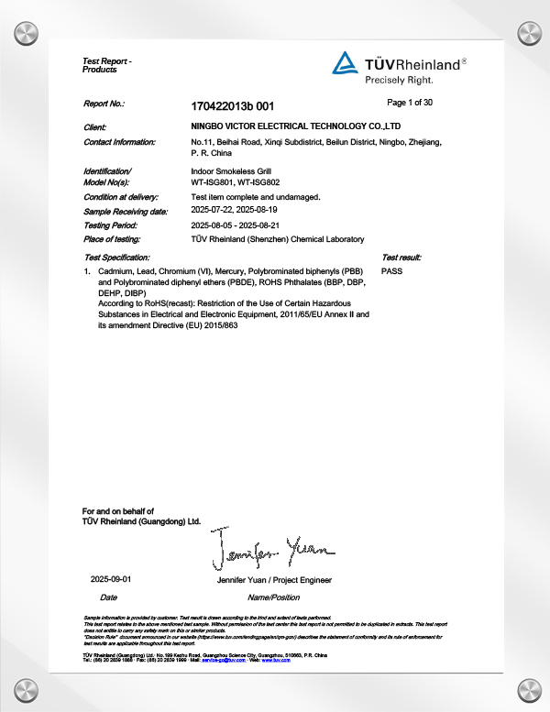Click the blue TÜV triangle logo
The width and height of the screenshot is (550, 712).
pyautogui.click(x=345, y=62)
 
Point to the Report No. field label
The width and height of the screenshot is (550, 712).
pyautogui.click(x=104, y=105)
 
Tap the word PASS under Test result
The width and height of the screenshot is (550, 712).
pyautogui.click(x=391, y=272)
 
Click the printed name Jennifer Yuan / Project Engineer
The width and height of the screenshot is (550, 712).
pyautogui.click(x=274, y=581)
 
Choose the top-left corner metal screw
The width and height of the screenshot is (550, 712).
pyautogui.click(x=25, y=33)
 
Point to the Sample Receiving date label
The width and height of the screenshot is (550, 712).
pyautogui.click(x=126, y=211)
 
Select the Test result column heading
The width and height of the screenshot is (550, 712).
pyautogui.click(x=401, y=258)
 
